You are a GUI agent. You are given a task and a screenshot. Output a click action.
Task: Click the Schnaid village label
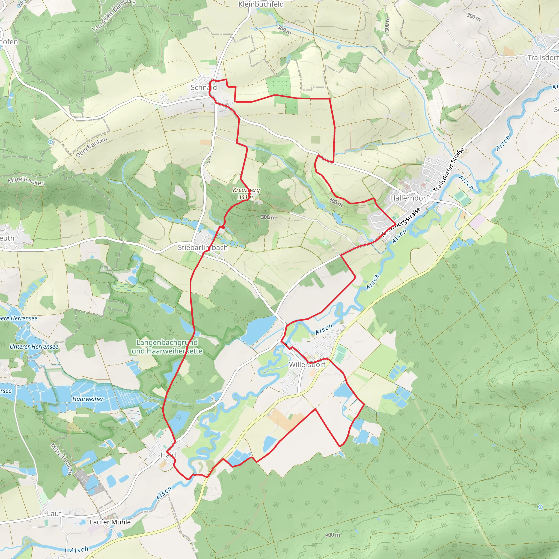coord(204,87)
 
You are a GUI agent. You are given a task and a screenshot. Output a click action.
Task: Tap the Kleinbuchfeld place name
coord(261,4)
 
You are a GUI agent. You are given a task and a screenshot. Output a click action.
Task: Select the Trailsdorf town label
coord(543,58)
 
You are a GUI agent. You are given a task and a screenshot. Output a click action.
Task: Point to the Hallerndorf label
coord(409,198)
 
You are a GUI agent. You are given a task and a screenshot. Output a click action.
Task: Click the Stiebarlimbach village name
coord(203,248)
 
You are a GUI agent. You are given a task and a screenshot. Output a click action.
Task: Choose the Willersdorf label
coord(307,365)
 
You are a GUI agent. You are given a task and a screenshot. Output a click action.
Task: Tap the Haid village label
coord(168,455)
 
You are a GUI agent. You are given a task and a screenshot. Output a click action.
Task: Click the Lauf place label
coord(54,514)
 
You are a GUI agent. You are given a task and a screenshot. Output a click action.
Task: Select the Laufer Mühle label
coord(110,522)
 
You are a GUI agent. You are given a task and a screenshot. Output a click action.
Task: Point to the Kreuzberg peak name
coord(246,190)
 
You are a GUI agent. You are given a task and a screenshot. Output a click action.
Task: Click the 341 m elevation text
coord(246,197)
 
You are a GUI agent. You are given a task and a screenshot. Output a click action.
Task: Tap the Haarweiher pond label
coord(88,399)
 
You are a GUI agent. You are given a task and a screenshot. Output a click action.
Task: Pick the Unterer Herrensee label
coord(34,347)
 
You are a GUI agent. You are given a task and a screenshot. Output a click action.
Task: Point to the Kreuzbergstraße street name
coord(401,222)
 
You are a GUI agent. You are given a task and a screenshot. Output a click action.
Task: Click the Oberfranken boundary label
coord(91,147)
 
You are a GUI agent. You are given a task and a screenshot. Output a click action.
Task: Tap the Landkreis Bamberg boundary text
coord(114,15)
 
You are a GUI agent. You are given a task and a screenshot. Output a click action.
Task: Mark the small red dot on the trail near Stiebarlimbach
coord(223,227)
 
